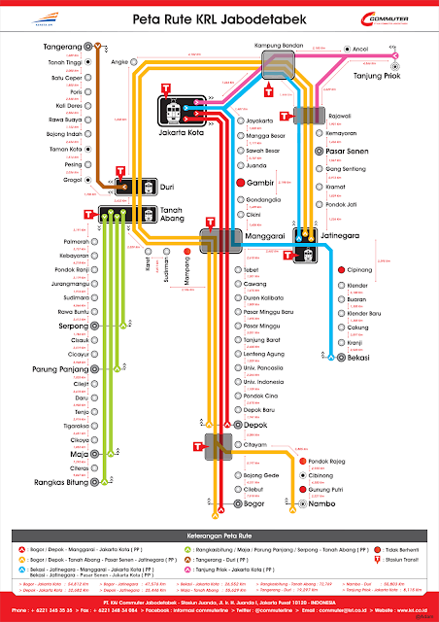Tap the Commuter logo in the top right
(x=393, y=18)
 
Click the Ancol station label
(x=367, y=47)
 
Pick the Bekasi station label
(x=362, y=359)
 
